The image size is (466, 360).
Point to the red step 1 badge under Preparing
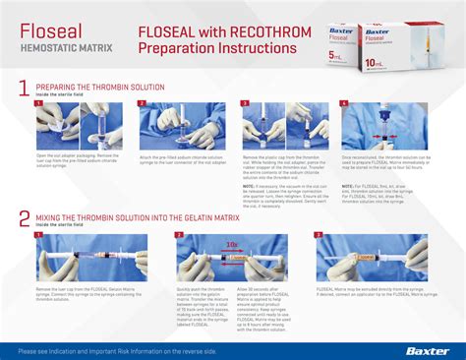(x=39, y=103)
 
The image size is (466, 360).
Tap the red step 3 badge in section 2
(x=320, y=236)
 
